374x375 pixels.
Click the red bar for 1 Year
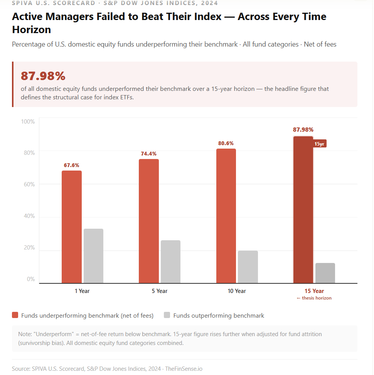point(72,227)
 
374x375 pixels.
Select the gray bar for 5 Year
point(170,262)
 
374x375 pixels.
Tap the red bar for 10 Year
point(226,216)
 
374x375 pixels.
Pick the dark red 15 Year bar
point(303,210)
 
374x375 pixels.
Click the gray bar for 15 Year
point(325,273)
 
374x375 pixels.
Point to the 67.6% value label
point(71,165)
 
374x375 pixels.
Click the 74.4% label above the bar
point(149,154)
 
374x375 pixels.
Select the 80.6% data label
point(226,143)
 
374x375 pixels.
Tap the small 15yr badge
point(319,144)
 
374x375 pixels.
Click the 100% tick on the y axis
point(27,122)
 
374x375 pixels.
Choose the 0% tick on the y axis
point(30,279)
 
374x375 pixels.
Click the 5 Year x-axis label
point(160,291)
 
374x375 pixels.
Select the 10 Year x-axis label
point(237,291)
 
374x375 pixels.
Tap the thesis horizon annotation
point(314,298)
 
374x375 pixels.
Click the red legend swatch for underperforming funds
point(15,315)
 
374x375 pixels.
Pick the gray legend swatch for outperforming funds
point(167,315)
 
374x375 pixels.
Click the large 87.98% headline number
point(43,76)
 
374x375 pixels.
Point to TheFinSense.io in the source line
point(184,368)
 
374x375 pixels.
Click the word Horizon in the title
point(31,30)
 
